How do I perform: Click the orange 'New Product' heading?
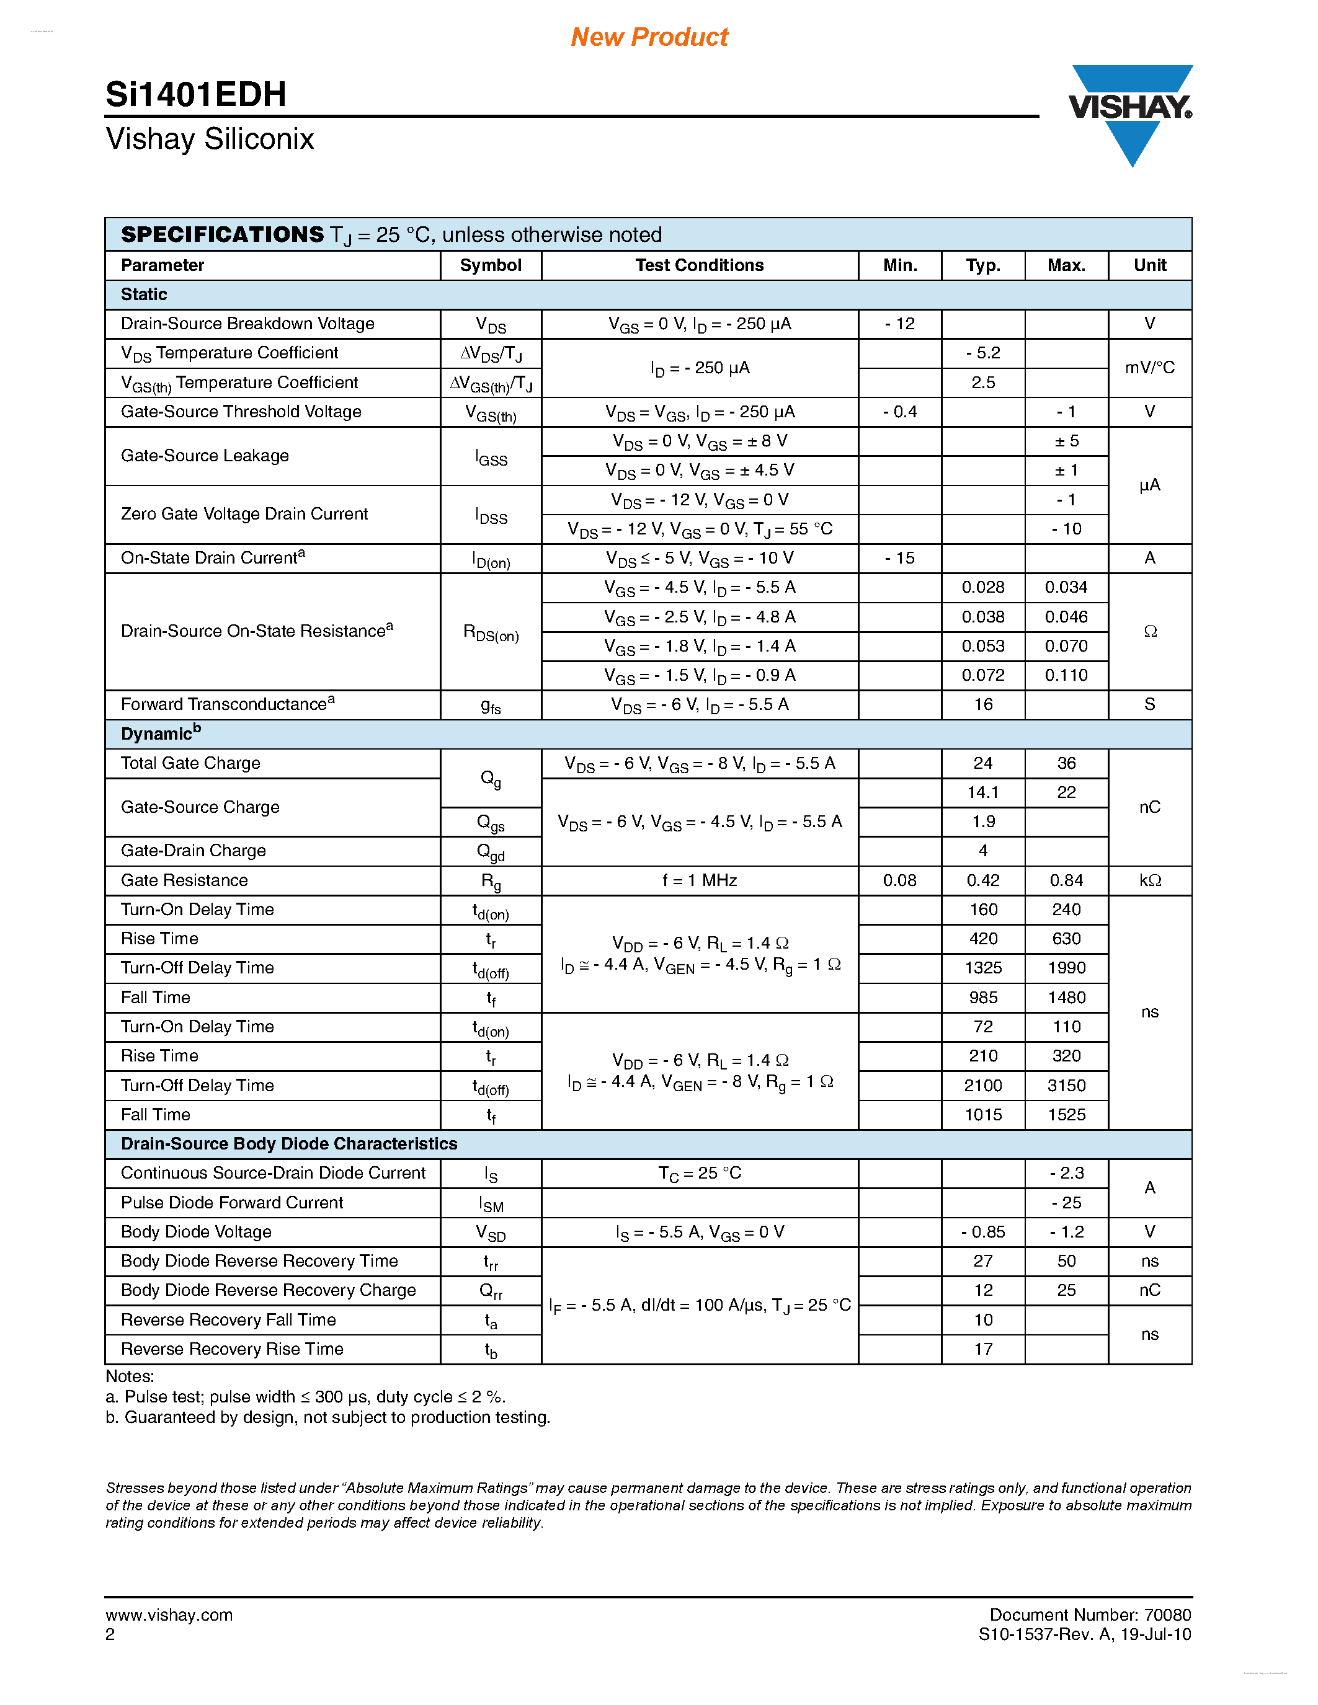pyautogui.click(x=649, y=37)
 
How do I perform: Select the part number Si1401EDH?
pyautogui.click(x=196, y=94)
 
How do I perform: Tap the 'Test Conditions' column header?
pyautogui.click(x=699, y=265)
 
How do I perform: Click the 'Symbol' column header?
pyautogui.click(x=491, y=265)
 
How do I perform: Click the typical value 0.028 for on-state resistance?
pyautogui.click(x=982, y=587)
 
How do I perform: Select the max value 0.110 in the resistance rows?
pyautogui.click(x=1066, y=675)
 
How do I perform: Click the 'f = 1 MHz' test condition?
pyautogui.click(x=700, y=880)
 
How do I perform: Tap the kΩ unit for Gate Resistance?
pyautogui.click(x=1149, y=880)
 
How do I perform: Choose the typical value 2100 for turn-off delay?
pyautogui.click(x=982, y=1085)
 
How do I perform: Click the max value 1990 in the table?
pyautogui.click(x=1066, y=968)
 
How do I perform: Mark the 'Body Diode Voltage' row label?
pyautogui.click(x=196, y=1232)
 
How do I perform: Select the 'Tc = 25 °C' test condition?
pyautogui.click(x=700, y=1174)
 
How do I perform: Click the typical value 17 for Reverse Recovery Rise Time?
pyautogui.click(x=982, y=1349)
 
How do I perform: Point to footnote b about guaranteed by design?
pyautogui.click(x=328, y=1417)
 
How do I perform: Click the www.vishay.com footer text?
pyautogui.click(x=169, y=1614)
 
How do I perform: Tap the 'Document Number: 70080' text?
pyautogui.click(x=1090, y=1614)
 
